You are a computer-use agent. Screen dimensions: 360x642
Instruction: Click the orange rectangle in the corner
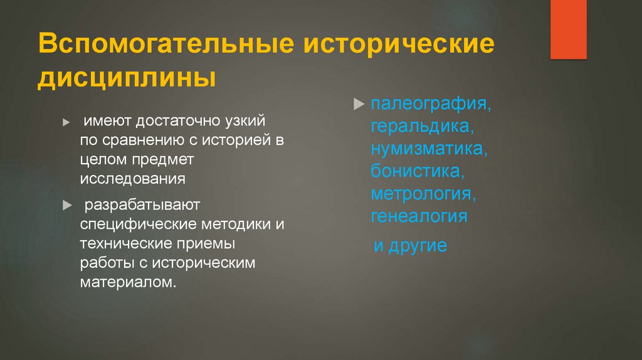pyautogui.click(x=568, y=29)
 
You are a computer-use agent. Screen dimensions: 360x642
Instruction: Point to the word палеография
pyautogui.click(x=430, y=103)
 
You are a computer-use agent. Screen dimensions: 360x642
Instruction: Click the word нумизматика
pyautogui.click(x=429, y=149)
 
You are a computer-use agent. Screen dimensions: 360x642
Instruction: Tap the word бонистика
pyautogui.click(x=418, y=171)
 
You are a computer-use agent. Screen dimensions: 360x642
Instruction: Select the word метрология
pyautogui.click(x=423, y=193)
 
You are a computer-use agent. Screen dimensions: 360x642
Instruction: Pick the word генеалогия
pyautogui.click(x=419, y=216)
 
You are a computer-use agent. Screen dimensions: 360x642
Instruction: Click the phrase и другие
pyautogui.click(x=410, y=245)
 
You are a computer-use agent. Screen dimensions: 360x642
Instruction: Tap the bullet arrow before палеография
pyautogui.click(x=359, y=103)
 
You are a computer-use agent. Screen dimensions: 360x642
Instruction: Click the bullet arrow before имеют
pyautogui.click(x=66, y=123)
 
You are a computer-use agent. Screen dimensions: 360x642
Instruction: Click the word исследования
pyautogui.click(x=132, y=179)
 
